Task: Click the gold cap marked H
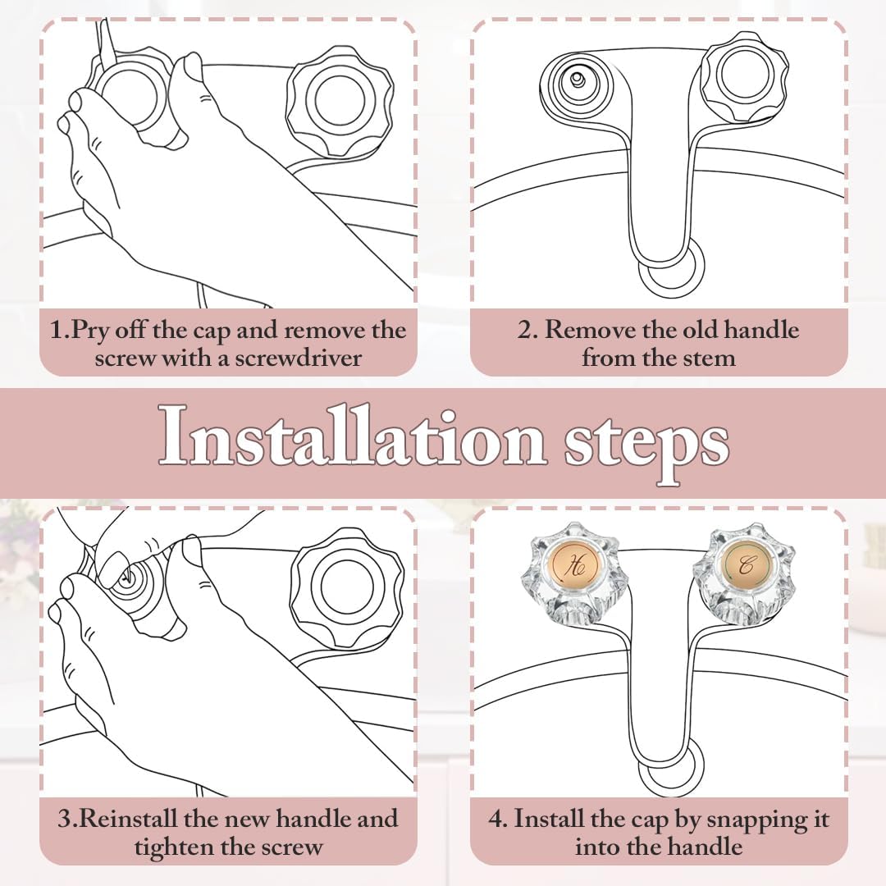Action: click(x=574, y=566)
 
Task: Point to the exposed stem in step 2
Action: click(x=578, y=80)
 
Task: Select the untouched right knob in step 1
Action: click(x=340, y=101)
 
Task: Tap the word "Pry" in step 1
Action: click(x=90, y=331)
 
